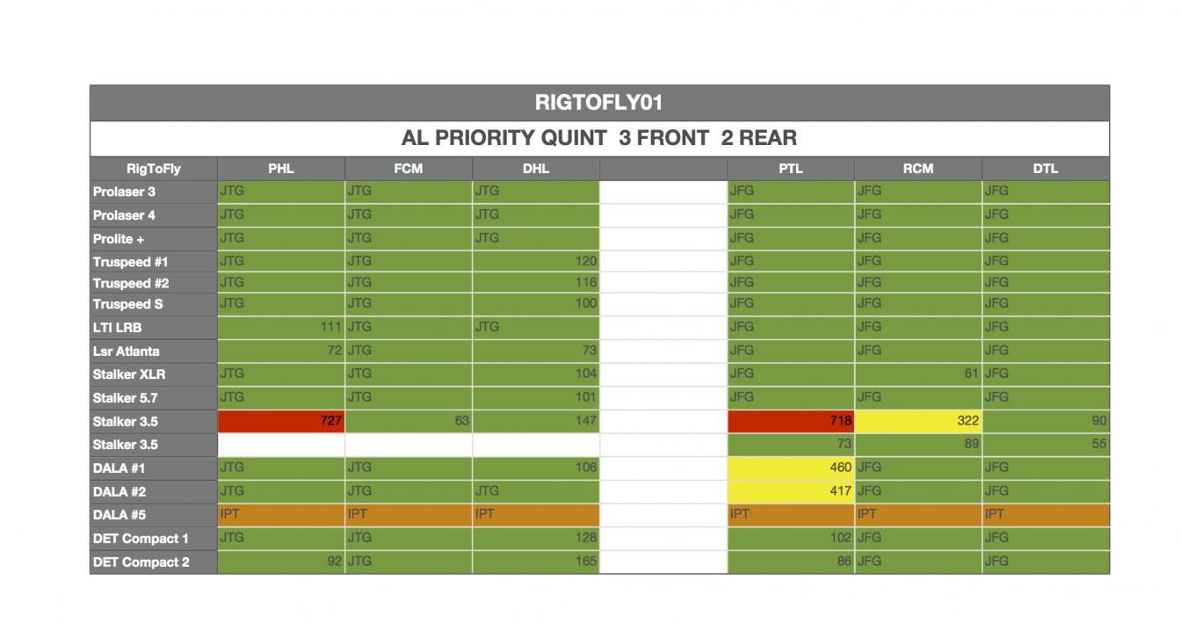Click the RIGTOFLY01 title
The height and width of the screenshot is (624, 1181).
point(598,103)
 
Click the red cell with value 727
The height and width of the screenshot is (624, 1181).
point(280,421)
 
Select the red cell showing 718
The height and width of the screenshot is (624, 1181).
point(790,421)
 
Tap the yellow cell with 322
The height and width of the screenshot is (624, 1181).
point(917,421)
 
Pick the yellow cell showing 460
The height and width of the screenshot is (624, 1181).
point(790,468)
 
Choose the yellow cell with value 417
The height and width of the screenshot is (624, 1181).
point(790,491)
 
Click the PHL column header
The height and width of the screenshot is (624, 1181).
point(280,169)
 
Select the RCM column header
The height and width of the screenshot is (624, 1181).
point(917,169)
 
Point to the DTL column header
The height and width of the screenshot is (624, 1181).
point(1045,169)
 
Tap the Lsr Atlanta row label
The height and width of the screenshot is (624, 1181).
point(127,351)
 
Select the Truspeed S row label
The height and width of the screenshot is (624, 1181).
point(127,304)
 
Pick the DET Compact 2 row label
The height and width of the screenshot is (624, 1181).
point(141,562)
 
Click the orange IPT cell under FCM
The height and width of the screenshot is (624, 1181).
point(408,515)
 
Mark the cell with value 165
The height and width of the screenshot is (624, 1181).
point(535,562)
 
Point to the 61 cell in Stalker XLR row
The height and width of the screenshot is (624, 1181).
point(917,374)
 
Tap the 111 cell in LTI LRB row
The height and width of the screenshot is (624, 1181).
point(280,327)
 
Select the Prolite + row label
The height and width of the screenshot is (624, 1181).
point(119,238)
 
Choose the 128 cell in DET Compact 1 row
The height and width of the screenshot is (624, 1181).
point(535,538)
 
